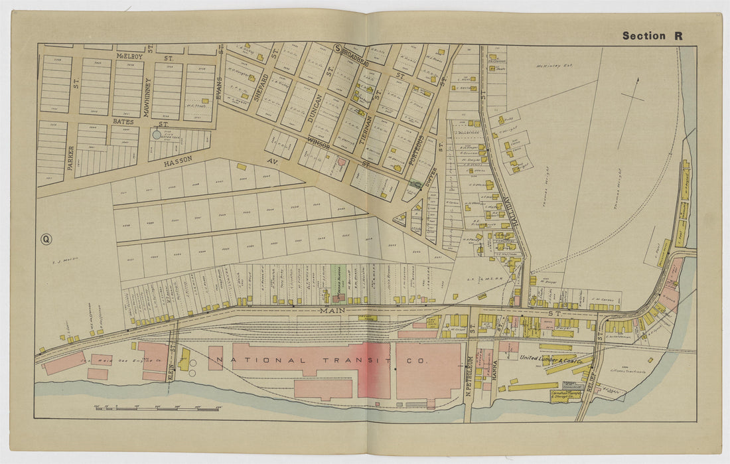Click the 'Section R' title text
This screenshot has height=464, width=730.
(652, 36)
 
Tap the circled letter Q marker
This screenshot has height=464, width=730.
(46, 240)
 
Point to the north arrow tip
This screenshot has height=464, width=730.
(637, 80)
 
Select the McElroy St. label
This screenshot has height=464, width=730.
(141, 57)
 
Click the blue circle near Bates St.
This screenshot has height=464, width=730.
(157, 134)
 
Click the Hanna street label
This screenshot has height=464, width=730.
(495, 369)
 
